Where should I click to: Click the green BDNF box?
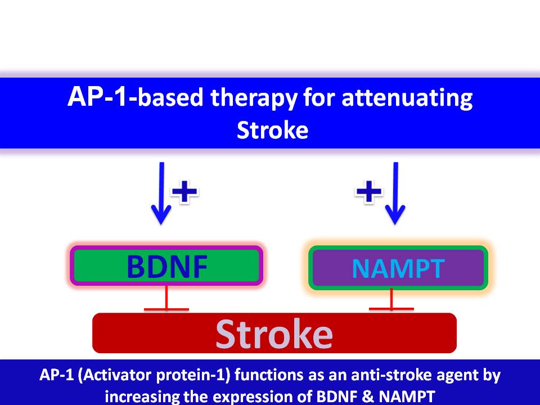[x=166, y=265]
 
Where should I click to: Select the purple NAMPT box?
[x=398, y=268]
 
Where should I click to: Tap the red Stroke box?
[x=274, y=334]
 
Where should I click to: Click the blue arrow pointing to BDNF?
[x=161, y=194]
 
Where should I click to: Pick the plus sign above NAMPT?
[x=369, y=192]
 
